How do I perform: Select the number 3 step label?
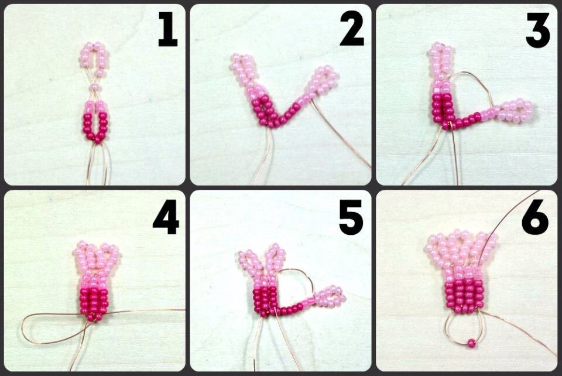[537, 29]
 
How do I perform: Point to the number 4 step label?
[166, 216]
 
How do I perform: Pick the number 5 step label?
[351, 216]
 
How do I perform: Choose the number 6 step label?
[535, 216]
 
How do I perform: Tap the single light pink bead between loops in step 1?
[94, 87]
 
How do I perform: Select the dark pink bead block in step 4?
[93, 302]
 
